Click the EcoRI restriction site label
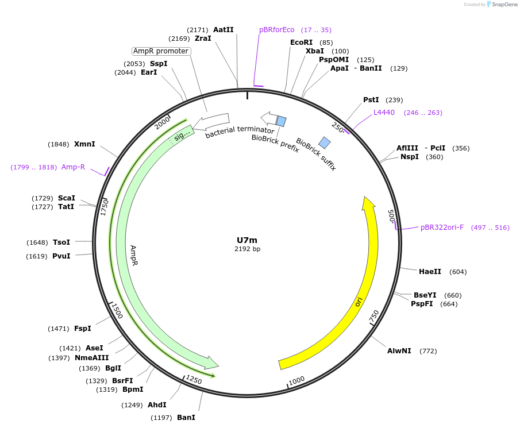[302, 43]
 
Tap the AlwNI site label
[399, 350]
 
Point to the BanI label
[186, 418]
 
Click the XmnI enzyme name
[84, 144]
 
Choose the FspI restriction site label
[82, 329]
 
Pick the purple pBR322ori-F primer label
[442, 228]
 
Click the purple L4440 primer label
[384, 113]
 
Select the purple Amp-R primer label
[73, 167]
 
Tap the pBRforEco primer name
[276, 30]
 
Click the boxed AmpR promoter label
[161, 51]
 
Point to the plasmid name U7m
[247, 240]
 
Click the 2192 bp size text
[247, 249]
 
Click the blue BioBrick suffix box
[325, 142]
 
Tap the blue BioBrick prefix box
[281, 121]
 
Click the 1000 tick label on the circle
[296, 381]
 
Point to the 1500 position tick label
[117, 311]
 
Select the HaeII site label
[430, 272]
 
